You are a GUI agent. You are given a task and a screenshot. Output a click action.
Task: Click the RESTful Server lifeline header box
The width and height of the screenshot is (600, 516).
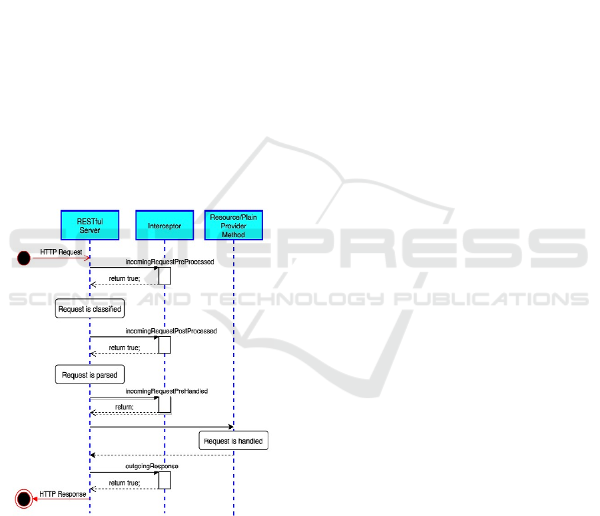tap(89, 226)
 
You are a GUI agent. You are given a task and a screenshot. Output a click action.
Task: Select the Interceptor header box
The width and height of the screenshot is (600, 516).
tap(164, 226)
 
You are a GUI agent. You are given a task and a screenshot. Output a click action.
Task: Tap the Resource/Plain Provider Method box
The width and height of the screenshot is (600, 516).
tap(234, 226)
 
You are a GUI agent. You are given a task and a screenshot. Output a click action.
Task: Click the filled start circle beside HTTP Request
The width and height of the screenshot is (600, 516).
tap(24, 258)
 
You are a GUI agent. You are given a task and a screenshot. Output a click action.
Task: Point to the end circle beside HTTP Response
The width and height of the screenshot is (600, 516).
tap(24, 498)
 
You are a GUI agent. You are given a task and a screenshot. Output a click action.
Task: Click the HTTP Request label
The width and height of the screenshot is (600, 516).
tap(61, 252)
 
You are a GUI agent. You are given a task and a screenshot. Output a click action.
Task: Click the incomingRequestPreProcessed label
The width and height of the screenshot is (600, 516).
tap(170, 262)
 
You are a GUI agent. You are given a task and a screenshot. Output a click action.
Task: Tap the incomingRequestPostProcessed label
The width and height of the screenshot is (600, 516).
tap(171, 331)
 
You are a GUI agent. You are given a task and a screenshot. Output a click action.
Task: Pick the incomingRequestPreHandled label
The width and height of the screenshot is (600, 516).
tap(166, 391)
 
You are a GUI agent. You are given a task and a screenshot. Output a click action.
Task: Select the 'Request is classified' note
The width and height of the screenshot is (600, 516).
tap(89, 310)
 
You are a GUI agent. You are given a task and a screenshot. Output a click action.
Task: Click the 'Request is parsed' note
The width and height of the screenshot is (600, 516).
tap(89, 375)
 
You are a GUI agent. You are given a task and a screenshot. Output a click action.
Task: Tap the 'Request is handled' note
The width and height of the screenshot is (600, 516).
tap(233, 441)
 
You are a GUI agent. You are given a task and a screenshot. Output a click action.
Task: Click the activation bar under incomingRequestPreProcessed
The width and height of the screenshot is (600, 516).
tap(164, 276)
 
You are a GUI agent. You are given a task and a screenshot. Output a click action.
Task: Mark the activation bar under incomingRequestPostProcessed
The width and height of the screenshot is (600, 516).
tap(164, 344)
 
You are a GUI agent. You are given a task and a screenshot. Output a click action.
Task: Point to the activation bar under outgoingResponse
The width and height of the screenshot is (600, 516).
tap(164, 479)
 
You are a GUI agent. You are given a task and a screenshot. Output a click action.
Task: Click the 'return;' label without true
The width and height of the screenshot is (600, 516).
tap(125, 406)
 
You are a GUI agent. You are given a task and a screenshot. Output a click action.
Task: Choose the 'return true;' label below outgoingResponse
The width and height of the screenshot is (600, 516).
tap(125, 483)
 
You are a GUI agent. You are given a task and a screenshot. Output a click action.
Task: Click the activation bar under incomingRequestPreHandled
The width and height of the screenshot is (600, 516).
tap(164, 404)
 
